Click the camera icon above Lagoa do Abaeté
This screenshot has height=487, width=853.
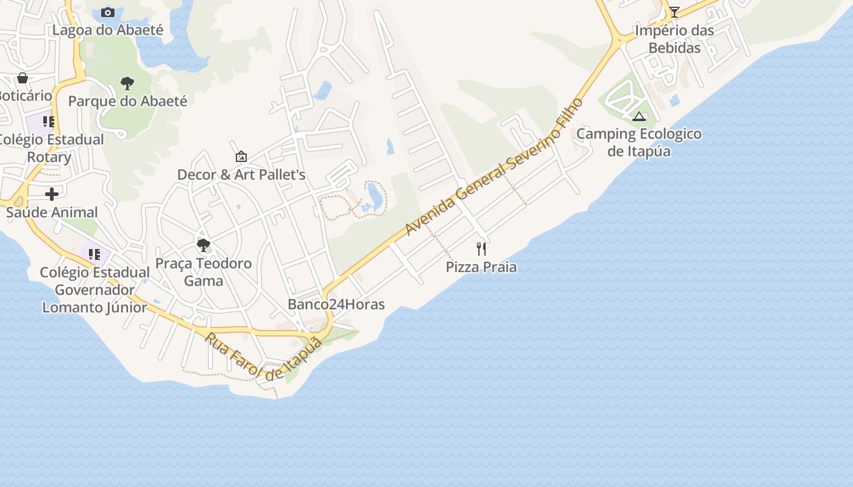[108, 12]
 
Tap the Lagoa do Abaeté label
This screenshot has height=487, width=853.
[108, 30]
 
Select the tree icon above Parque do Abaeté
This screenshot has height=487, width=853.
[127, 83]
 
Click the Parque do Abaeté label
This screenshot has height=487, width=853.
[127, 100]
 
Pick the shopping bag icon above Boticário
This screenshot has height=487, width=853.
[23, 78]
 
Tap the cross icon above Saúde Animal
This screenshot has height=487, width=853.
[52, 194]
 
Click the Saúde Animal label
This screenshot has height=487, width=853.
[52, 212]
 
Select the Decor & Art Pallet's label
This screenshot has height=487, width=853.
[241, 175]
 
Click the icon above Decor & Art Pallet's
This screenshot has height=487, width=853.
[241, 156]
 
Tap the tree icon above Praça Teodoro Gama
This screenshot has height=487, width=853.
[203, 245]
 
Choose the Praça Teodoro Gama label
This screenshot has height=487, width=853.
[203, 272]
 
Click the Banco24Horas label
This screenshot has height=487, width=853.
[336, 304]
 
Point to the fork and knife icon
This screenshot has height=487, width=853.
[481, 248]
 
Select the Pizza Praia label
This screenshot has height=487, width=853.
[481, 267]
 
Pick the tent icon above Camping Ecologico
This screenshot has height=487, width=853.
[639, 116]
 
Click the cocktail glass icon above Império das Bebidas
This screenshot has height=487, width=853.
[674, 12]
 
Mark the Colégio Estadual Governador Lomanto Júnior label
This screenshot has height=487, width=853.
[94, 290]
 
